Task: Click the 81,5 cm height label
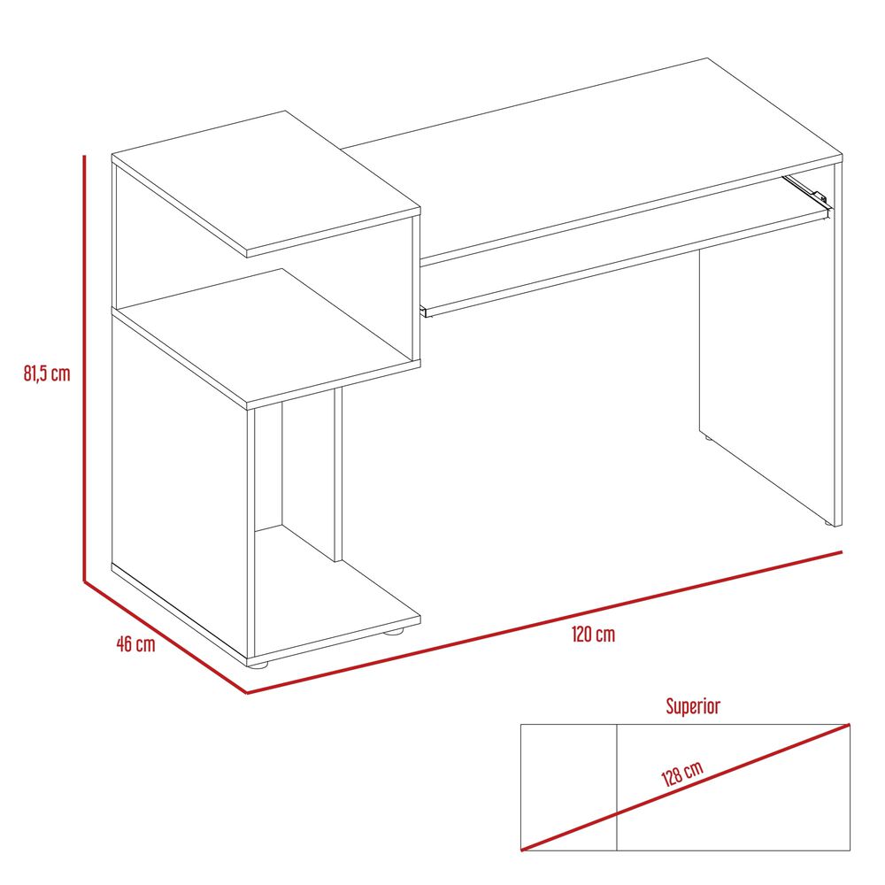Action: (x=47, y=373)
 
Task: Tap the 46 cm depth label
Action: (x=135, y=643)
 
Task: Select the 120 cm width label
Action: (x=593, y=635)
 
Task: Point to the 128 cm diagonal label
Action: (x=682, y=773)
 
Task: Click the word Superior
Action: (x=693, y=706)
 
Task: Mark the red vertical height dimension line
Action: (x=84, y=367)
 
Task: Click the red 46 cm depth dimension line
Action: (x=165, y=636)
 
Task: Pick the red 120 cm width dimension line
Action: (x=544, y=622)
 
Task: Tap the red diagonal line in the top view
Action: (x=685, y=787)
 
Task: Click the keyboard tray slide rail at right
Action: (x=806, y=191)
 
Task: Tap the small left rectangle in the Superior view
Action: (x=568, y=787)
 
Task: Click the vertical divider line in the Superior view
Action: (x=617, y=787)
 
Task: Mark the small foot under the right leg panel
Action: (x=828, y=524)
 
